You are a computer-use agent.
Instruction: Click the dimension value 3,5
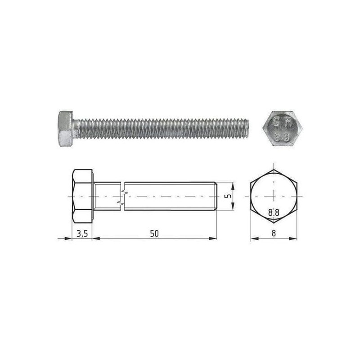(82, 234)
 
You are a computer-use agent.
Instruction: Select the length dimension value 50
(154, 234)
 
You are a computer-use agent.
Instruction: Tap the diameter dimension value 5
(229, 196)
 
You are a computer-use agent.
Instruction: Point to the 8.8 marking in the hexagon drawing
(274, 212)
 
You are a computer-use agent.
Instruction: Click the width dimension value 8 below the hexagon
(274, 234)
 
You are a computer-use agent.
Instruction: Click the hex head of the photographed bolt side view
(65, 129)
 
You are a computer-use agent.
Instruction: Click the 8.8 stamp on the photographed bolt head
(282, 138)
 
